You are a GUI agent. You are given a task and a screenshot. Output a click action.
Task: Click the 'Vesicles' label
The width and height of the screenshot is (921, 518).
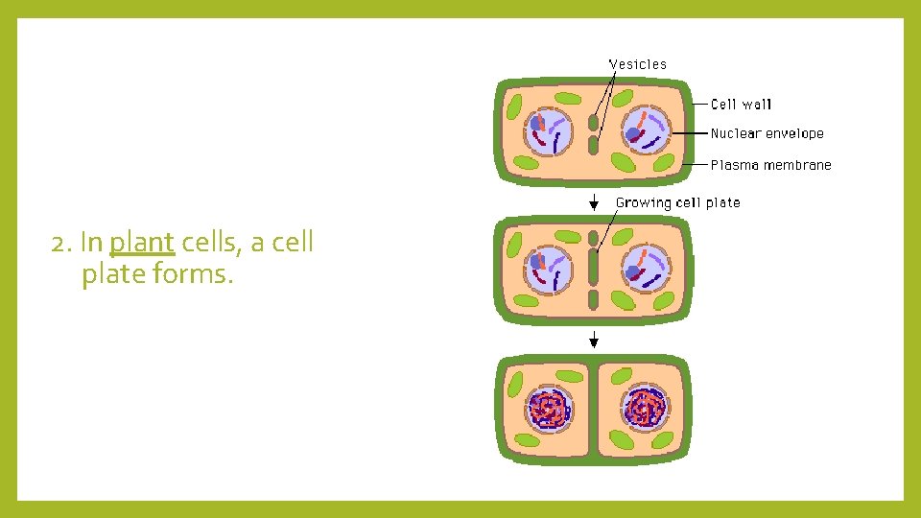coord(638,64)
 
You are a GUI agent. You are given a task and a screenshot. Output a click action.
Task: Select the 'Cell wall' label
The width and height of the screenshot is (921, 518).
coord(741,104)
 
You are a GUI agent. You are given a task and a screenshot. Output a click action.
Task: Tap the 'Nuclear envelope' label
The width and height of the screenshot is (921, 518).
coord(767,133)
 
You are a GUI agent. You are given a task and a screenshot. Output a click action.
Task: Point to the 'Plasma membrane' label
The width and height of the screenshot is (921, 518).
coord(770,165)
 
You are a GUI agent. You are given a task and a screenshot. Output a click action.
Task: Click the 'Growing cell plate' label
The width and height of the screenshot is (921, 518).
coord(677,202)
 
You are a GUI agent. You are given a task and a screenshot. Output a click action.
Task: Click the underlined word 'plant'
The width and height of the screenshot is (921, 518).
coord(142,243)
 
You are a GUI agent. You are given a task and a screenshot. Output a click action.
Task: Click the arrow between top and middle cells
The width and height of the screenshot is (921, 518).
coord(595,200)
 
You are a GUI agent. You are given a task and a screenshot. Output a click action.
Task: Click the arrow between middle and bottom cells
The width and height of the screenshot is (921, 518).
coord(595,339)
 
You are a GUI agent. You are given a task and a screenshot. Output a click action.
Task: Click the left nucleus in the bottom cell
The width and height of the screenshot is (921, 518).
coord(548,410)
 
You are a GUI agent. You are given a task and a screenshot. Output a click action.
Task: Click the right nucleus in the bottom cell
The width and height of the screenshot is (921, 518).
coord(645,410)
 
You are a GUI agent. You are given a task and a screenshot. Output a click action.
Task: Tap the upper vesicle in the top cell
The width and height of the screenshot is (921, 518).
coord(594,123)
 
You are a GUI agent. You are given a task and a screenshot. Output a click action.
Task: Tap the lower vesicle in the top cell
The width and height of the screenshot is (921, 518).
coord(594,146)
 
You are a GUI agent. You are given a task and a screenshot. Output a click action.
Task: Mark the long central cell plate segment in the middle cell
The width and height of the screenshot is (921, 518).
coord(594,266)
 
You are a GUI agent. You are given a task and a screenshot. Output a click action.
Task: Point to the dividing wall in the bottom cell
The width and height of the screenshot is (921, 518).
coord(593,410)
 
